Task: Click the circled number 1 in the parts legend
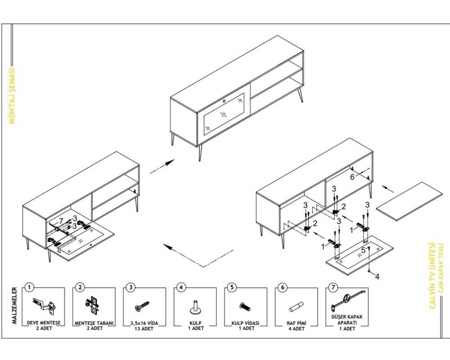click(29, 287)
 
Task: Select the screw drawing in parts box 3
click(142, 306)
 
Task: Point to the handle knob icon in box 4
click(195, 307)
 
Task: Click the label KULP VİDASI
click(245, 323)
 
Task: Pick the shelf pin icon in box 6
click(296, 306)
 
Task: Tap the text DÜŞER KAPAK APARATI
click(347, 320)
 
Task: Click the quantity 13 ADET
click(144, 328)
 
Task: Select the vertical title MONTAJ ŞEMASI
click(12, 96)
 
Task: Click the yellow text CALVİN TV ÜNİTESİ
click(432, 275)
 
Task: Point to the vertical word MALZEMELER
click(15, 306)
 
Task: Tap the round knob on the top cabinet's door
click(224, 101)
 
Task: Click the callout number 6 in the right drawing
click(352, 177)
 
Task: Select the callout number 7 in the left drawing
click(61, 221)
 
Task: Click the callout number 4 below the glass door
click(377, 276)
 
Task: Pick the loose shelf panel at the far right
click(409, 201)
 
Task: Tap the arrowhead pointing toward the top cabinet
click(170, 162)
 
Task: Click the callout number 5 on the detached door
click(363, 250)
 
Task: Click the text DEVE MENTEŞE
click(44, 323)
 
